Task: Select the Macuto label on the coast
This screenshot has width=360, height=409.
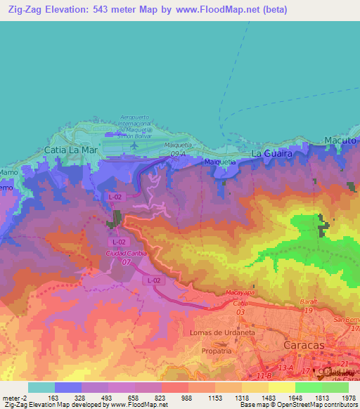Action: (342, 141)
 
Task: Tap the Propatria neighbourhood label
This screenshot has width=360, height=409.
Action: (216, 350)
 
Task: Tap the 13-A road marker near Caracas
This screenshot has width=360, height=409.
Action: (285, 367)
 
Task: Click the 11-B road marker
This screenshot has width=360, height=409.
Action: (263, 377)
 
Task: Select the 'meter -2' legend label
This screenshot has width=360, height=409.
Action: (14, 398)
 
